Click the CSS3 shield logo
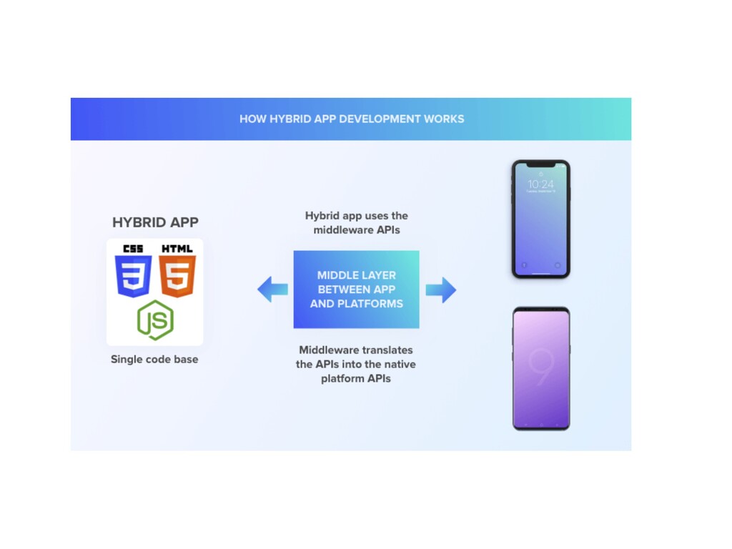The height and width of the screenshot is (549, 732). point(133,276)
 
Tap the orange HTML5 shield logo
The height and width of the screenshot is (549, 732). point(177,276)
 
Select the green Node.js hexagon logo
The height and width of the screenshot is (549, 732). point(155,320)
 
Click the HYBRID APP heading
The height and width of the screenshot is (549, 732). point(155,222)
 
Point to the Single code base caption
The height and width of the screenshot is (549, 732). point(154,360)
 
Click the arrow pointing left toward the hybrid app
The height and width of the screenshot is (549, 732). point(272,290)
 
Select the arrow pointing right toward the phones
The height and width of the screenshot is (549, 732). point(440,290)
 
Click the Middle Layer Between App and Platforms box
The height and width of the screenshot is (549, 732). point(356,290)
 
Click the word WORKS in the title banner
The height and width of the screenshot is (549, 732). point(445,119)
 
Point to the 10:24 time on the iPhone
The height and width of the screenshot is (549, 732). point(540,184)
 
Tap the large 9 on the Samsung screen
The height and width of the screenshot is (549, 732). point(540,365)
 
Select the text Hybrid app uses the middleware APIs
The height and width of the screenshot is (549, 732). point(356,222)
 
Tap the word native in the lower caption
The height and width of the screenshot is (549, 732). point(399,365)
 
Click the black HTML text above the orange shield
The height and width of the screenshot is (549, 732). point(177,249)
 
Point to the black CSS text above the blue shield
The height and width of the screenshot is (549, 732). point(133,249)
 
